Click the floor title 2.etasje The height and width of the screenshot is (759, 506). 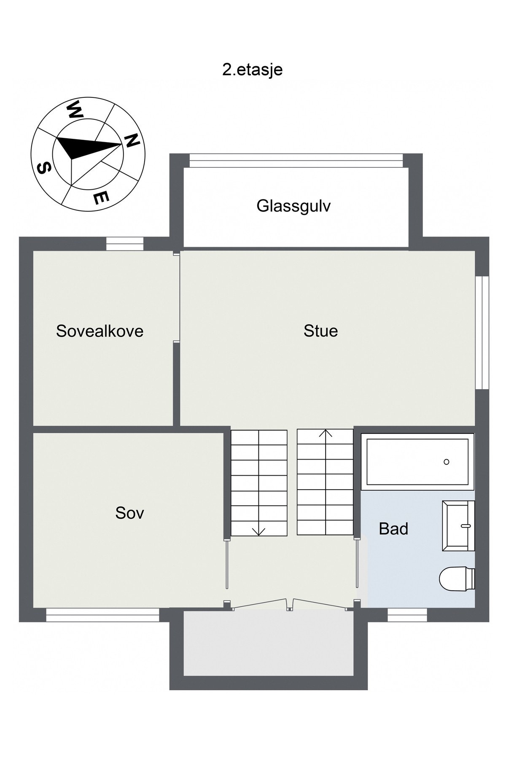[252, 70]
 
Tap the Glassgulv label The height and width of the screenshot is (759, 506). [293, 206]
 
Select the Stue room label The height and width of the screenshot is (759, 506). [320, 331]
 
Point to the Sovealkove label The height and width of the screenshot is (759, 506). [100, 331]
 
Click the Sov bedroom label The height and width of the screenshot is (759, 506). [129, 513]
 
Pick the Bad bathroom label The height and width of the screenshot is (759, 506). [393, 529]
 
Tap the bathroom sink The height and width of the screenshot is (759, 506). [458, 526]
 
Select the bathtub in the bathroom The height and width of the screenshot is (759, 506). [417, 462]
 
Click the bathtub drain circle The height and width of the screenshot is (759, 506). [446, 462]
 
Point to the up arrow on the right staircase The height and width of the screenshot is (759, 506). [326, 433]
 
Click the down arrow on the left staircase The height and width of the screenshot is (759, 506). [258, 531]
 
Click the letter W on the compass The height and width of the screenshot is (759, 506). [73, 110]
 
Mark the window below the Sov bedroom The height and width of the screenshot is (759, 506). [102, 615]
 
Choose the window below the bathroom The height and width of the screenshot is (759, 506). [407, 615]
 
